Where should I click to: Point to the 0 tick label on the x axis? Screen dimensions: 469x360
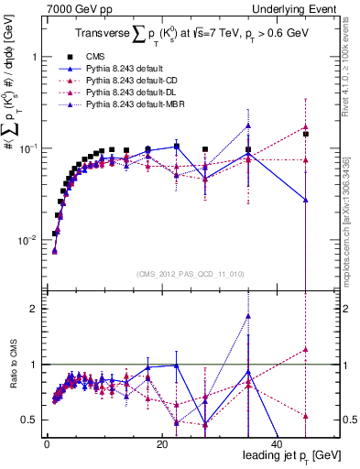(x=47, y=444)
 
